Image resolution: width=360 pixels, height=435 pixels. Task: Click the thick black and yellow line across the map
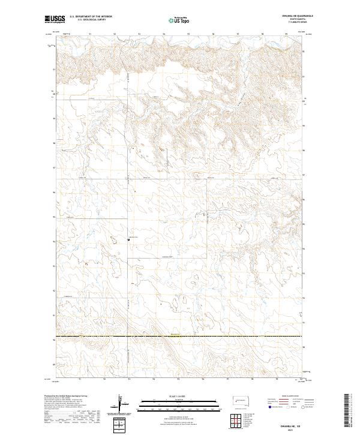click(180, 337)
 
